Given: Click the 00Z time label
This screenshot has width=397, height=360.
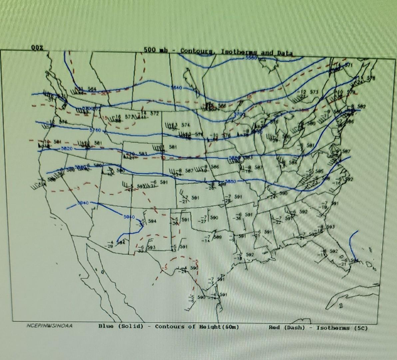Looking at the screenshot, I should pyautogui.click(x=37, y=48).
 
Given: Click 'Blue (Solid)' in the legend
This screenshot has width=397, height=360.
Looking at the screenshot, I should pyautogui.click(x=121, y=326).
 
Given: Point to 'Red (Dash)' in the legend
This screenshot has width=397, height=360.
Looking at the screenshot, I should pyautogui.click(x=287, y=327).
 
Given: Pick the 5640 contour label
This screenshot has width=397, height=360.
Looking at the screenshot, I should pyautogui.click(x=176, y=88).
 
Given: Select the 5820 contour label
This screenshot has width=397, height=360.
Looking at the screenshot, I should pyautogui.click(x=65, y=148).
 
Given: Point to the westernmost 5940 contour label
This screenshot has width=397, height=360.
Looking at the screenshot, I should pyautogui.click(x=83, y=203).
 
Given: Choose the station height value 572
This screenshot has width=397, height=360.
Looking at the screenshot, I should pyautogui.click(x=154, y=113).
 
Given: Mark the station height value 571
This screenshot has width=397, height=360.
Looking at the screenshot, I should pyautogui.click(x=348, y=65).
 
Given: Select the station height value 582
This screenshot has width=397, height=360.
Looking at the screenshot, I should pyautogui.click(x=362, y=106).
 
